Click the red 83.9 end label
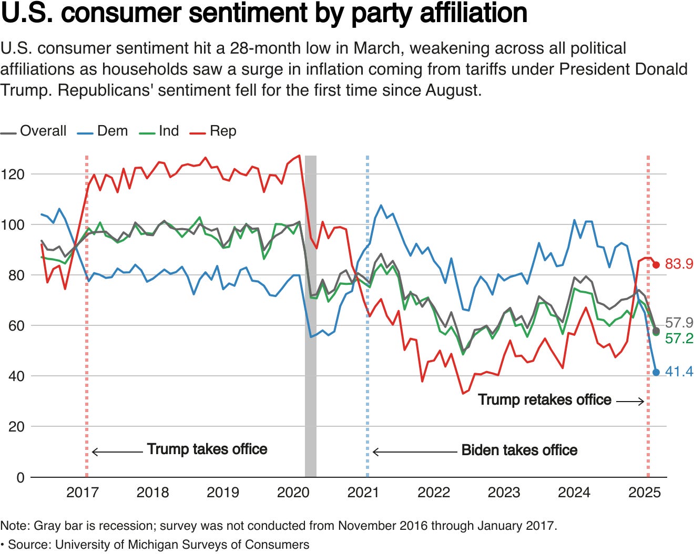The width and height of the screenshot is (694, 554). point(679,264)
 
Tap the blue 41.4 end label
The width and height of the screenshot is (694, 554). point(679,372)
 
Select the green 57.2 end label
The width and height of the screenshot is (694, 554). point(679,338)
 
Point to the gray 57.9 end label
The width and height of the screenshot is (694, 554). point(679,322)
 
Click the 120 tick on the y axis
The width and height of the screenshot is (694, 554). point(13,174)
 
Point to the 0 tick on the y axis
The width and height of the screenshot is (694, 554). point(21,477)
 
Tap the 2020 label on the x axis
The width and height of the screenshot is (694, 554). point(293,493)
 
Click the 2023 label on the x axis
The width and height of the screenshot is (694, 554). point(504,493)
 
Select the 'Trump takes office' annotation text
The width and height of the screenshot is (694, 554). point(207,449)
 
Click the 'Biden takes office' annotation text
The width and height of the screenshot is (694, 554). point(519,450)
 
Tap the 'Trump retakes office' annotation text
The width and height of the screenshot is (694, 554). point(544,400)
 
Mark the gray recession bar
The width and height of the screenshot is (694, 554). point(311,315)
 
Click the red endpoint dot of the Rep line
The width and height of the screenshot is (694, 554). point(656,265)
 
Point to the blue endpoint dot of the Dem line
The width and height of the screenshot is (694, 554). point(656,372)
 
